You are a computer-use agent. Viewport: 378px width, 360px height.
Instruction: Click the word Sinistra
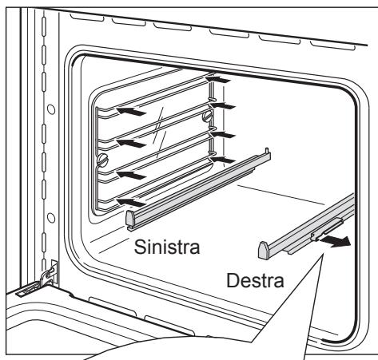tap(167, 247)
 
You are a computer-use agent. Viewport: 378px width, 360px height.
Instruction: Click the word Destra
tap(255, 280)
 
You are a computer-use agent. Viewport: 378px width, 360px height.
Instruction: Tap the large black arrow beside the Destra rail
tap(336, 241)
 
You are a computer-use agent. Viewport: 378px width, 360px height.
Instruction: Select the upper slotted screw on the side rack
tap(208, 117)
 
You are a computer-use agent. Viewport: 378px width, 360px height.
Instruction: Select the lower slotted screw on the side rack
tap(102, 159)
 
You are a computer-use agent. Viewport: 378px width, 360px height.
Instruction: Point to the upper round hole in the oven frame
tap(51, 109)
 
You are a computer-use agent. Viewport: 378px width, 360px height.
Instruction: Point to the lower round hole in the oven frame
tap(51, 218)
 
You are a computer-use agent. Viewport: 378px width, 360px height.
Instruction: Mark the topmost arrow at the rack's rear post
tap(218, 79)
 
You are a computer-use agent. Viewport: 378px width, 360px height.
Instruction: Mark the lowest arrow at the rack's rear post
tap(223, 160)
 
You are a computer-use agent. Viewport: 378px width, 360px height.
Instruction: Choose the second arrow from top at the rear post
tap(223, 106)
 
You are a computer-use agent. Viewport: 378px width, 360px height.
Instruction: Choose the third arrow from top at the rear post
tap(223, 135)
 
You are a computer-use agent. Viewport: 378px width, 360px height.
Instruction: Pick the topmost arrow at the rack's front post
tap(131, 111)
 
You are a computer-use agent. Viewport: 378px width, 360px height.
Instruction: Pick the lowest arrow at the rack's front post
tap(131, 202)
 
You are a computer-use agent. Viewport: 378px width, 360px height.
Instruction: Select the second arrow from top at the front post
tap(131, 143)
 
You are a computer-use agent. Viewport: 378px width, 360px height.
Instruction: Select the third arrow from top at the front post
tap(131, 175)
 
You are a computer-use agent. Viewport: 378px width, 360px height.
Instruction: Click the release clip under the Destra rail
tap(327, 229)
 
